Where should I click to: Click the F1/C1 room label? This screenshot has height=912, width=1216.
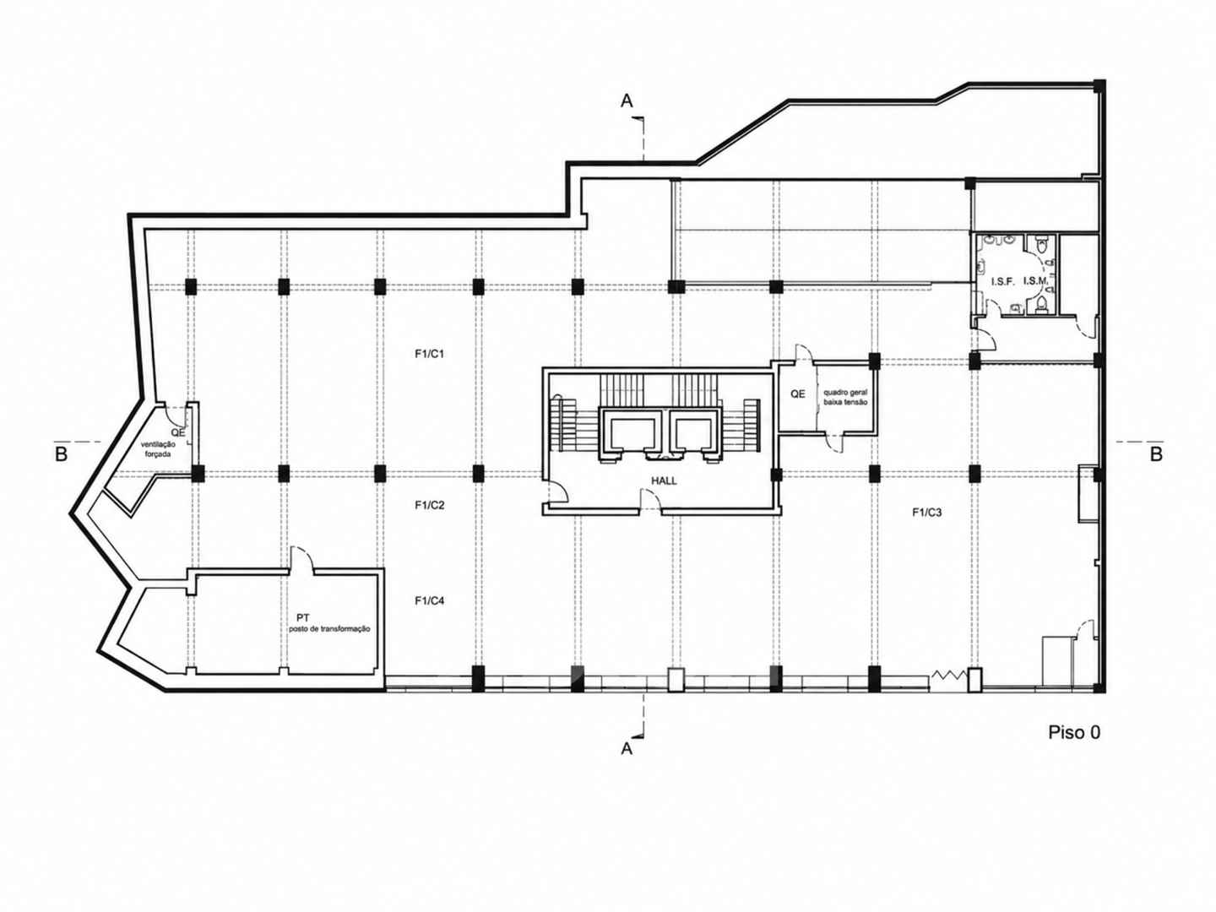tap(429, 354)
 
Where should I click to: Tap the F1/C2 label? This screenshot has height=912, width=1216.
tap(429, 505)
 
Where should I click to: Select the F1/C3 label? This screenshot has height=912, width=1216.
tap(927, 513)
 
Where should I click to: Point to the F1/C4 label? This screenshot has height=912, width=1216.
tap(429, 600)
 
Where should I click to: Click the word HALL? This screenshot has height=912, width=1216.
tap(664, 480)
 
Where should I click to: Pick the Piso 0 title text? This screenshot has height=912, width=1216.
tap(1074, 733)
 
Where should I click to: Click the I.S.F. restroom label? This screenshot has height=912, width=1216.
tap(1002, 281)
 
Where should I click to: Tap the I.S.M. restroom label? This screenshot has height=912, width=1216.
tap(1035, 280)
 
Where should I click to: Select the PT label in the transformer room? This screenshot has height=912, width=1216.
tap(303, 617)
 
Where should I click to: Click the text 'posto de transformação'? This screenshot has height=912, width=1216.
tap(329, 629)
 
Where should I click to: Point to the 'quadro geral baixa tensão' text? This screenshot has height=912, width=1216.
tap(844, 397)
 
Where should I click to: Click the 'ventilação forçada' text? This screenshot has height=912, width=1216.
tap(158, 449)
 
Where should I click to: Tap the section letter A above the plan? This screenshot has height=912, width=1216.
tap(627, 100)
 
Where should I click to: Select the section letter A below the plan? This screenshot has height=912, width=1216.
tap(627, 749)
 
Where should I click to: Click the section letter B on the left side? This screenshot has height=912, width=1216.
tap(61, 454)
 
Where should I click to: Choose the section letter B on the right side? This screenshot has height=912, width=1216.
tap(1156, 454)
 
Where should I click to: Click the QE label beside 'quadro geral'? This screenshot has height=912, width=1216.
tap(798, 394)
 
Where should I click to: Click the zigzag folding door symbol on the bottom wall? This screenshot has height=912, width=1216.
tap(948, 675)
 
